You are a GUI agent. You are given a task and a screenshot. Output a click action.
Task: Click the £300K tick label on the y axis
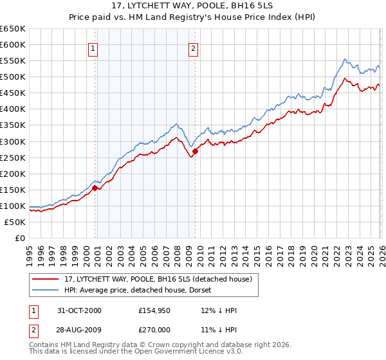13,141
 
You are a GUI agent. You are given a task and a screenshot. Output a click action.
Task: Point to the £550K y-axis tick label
13,61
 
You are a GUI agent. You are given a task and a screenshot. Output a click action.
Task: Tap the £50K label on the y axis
15,222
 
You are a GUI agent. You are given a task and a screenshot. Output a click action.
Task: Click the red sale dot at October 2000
95,188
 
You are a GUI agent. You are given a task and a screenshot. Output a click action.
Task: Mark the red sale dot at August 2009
195,151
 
